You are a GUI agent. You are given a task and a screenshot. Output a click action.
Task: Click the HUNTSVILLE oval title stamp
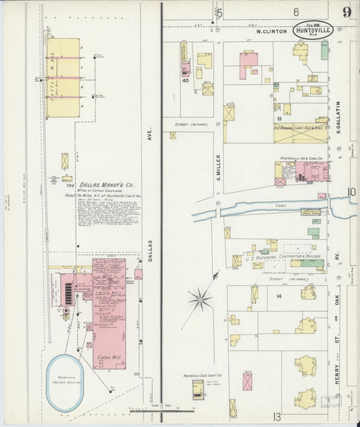pyautogui.click(x=312, y=30)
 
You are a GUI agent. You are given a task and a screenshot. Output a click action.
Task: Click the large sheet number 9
pyautogui.click(x=346, y=12)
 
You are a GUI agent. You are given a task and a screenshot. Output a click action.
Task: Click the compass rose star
pyautogui.click(x=199, y=298)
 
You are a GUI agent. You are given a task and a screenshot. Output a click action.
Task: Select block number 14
pyautogui.click(x=278, y=296)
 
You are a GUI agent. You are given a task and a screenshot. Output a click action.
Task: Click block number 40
pyautogui.click(x=184, y=80)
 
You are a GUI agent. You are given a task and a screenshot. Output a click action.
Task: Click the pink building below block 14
pyautogui.click(x=248, y=381)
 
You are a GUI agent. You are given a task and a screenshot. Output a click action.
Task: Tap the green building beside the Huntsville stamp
pyautogui.click(x=325, y=50)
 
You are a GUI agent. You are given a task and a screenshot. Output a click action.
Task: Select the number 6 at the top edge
pyautogui.click(x=296, y=12)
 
